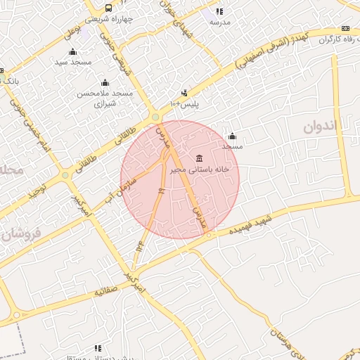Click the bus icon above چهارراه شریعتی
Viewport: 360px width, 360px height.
tap(98, 8)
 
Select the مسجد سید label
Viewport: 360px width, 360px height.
tap(73, 62)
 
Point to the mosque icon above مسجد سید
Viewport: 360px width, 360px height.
tap(73, 51)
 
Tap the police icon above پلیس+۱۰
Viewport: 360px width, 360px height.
tap(184, 93)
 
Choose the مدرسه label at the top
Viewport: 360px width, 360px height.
tap(219, 22)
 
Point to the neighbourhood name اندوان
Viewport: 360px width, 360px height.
tap(321, 127)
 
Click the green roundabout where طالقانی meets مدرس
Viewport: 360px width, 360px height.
tap(155, 117)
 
